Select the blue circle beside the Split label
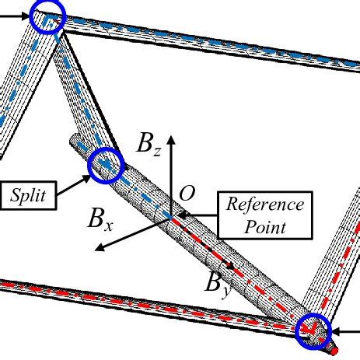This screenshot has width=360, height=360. click(x=107, y=165)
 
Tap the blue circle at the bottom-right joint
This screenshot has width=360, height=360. click(x=314, y=329)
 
